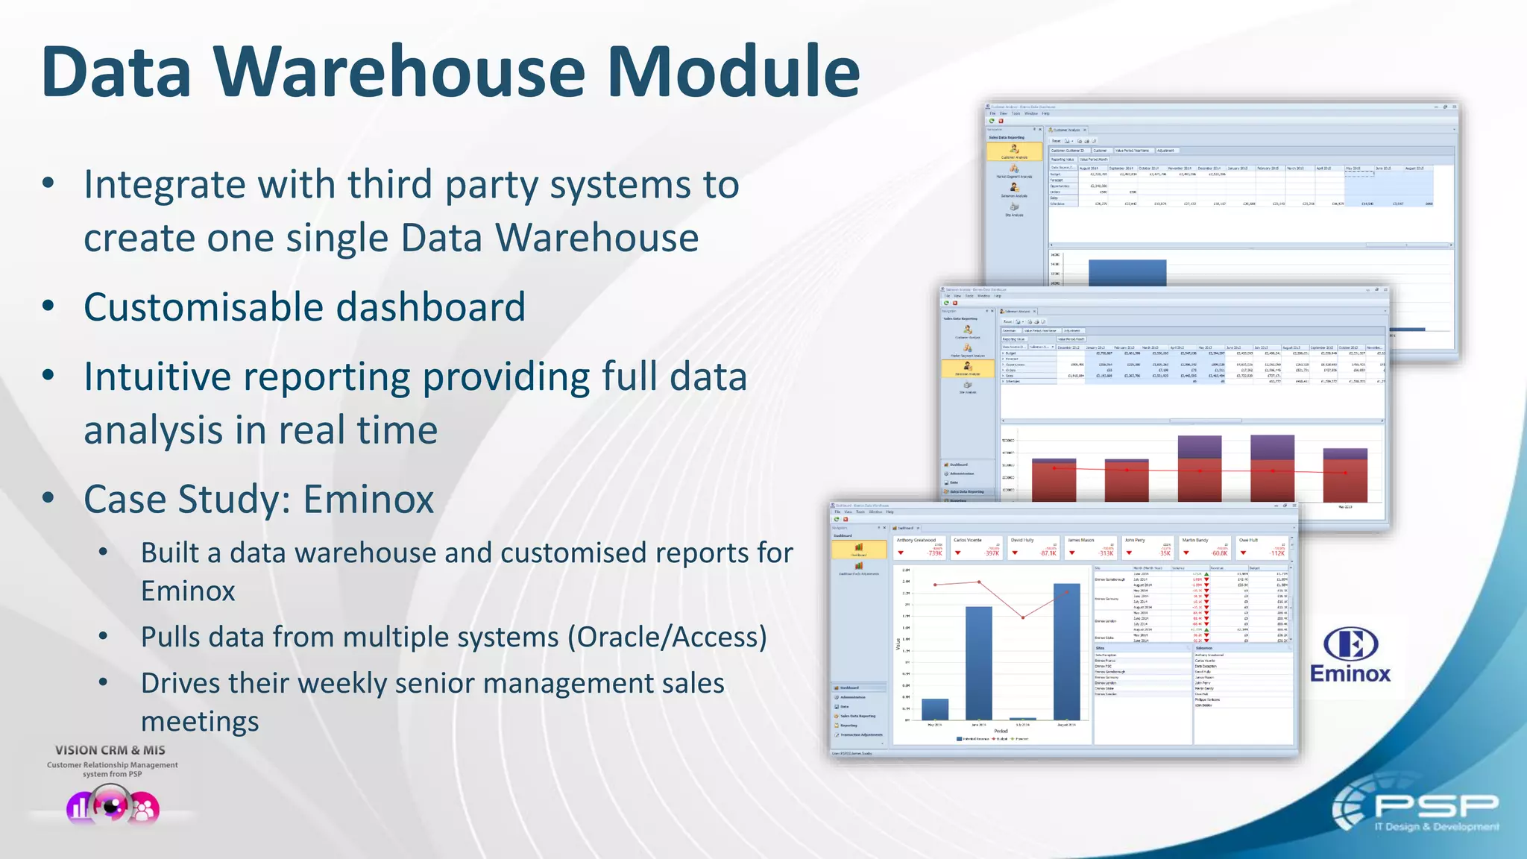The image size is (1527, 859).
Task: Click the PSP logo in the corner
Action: pos(1417,809)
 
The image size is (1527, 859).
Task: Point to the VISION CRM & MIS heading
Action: pos(110,750)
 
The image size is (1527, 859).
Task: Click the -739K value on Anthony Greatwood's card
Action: pos(934,553)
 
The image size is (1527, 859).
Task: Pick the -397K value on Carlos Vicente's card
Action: pos(991,553)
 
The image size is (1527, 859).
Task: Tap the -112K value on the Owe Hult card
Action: pos(1277,553)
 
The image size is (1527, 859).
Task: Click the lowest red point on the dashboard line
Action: pos(1023,617)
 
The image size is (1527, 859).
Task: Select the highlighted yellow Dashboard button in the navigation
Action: pos(859,550)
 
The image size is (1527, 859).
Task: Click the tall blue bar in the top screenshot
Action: pos(1127,272)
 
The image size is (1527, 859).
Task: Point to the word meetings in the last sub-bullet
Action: pos(200,722)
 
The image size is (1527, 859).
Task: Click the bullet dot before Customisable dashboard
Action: pos(48,306)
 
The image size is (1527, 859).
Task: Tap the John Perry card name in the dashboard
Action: pos(1135,540)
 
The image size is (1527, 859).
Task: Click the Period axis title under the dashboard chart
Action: pos(1001,731)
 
